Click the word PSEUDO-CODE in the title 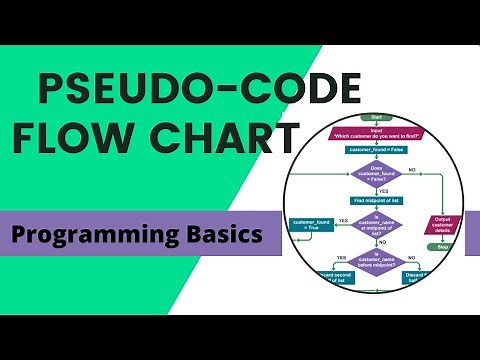tap(168, 91)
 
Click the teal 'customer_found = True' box tap(311, 226)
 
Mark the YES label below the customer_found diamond tap(382, 191)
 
